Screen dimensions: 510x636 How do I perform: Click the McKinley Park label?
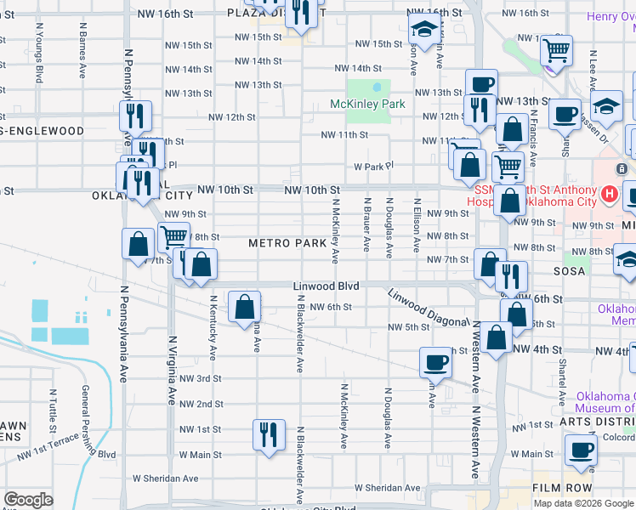pyautogui.click(x=367, y=105)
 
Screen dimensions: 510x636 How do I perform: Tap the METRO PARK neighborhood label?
pyautogui.click(x=287, y=243)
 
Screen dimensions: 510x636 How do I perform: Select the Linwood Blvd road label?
pyautogui.click(x=327, y=286)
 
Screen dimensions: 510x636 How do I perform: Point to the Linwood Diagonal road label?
pyautogui.click(x=429, y=308)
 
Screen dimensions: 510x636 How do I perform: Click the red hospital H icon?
pyautogui.click(x=609, y=195)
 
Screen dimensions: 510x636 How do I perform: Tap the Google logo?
pyautogui.click(x=29, y=500)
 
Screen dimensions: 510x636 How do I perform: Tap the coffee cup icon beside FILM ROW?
pyautogui.click(x=581, y=451)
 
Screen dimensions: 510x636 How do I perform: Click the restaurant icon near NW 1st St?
pyautogui.click(x=269, y=433)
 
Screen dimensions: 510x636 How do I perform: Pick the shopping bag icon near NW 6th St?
pyautogui.click(x=245, y=306)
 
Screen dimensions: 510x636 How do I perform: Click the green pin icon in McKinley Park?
pyautogui.click(x=376, y=87)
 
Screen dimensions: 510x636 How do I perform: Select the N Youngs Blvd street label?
pyautogui.click(x=39, y=51)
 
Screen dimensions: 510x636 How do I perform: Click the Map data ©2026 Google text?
pyautogui.click(x=584, y=503)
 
